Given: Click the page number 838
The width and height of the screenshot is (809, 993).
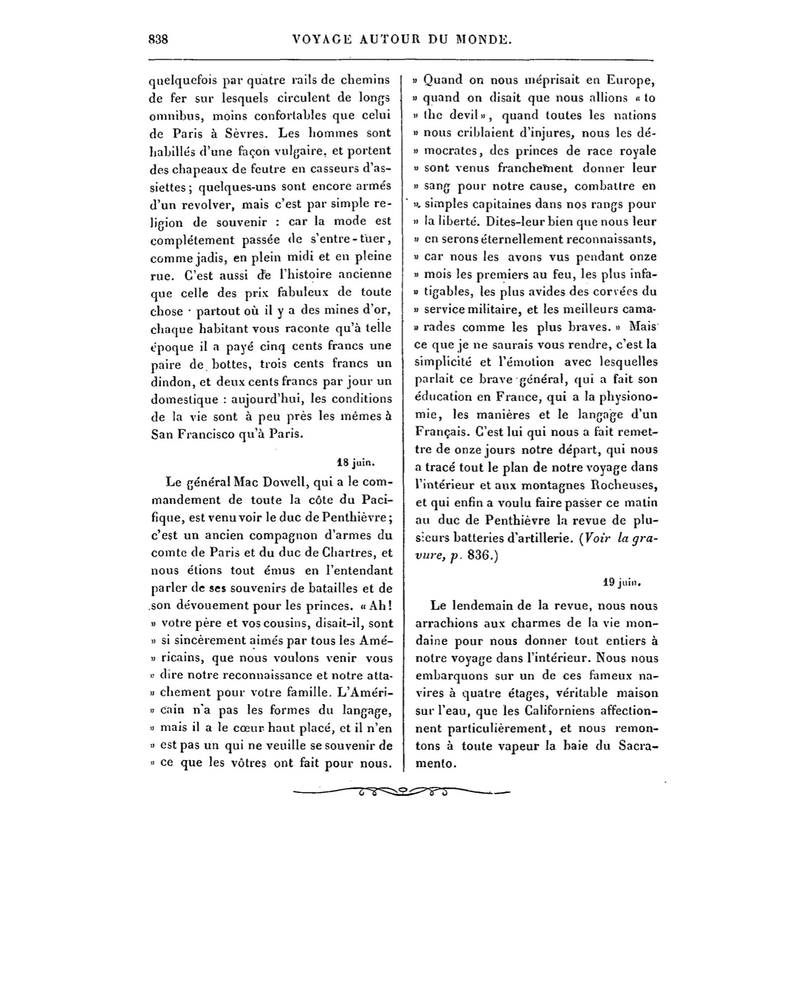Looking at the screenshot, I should click(x=159, y=40).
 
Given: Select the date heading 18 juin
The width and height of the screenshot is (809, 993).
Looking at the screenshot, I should click(x=354, y=463).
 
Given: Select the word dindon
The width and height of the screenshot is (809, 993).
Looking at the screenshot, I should click(x=171, y=382).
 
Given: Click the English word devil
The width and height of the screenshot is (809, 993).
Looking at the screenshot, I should click(x=462, y=116).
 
